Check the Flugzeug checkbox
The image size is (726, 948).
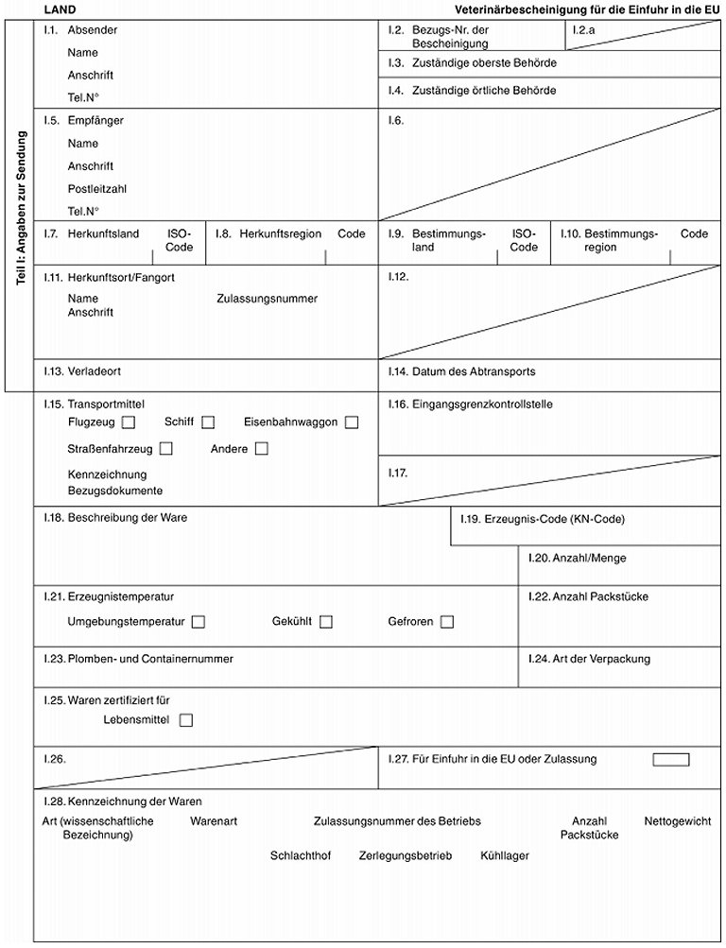[x=130, y=422]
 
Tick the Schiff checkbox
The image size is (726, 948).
[x=208, y=422]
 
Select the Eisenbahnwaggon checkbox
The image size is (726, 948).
[x=352, y=422]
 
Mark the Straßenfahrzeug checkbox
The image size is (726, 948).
[x=166, y=449]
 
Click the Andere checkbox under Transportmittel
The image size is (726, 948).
[x=262, y=449]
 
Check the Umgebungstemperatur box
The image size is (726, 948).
[x=199, y=622]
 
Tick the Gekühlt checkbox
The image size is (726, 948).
[x=326, y=622]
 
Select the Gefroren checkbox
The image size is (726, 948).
[x=447, y=622]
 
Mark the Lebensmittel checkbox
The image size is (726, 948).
[x=185, y=720]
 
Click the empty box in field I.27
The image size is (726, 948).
[x=671, y=759]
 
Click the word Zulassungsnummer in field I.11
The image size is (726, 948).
[x=267, y=299]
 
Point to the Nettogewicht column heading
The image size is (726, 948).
[x=678, y=821]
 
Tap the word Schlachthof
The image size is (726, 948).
[x=301, y=856]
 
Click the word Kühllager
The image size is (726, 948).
[x=505, y=856]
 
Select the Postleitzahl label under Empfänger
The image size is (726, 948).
[x=97, y=188]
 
